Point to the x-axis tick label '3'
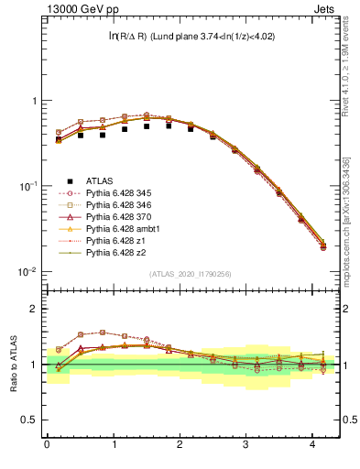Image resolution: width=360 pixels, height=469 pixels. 245,445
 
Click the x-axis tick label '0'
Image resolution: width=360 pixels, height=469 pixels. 47,445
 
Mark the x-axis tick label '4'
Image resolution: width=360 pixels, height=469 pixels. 311,445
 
